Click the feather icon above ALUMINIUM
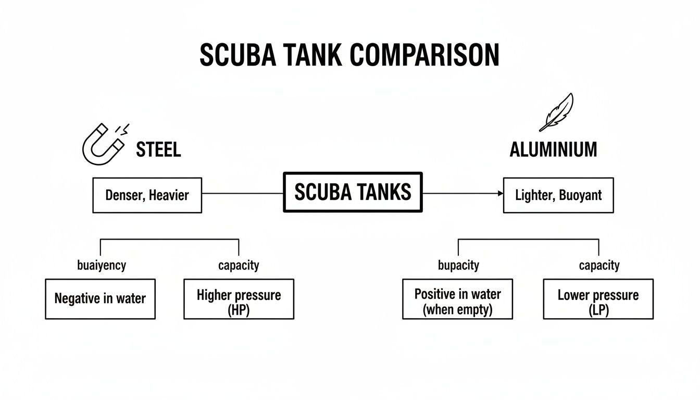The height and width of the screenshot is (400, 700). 556,111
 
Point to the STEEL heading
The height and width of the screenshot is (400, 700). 158,150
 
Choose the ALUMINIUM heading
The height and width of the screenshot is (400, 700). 553,150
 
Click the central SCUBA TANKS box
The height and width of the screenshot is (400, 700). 353,192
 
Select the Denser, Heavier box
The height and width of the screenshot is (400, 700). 147,195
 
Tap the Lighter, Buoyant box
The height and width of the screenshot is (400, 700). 558,195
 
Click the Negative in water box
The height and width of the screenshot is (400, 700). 100,298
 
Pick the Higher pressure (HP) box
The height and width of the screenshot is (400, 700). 239,298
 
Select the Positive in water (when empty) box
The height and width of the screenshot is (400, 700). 457,298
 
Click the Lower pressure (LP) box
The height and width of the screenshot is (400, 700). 598,298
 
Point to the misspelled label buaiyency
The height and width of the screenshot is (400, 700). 101,265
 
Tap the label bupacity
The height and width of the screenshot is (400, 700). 458,265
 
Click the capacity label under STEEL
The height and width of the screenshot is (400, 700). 239,265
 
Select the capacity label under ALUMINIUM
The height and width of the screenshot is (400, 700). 599,265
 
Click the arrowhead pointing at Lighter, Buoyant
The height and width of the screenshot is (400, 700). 501,193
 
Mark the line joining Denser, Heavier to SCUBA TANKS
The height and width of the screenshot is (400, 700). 242,193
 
